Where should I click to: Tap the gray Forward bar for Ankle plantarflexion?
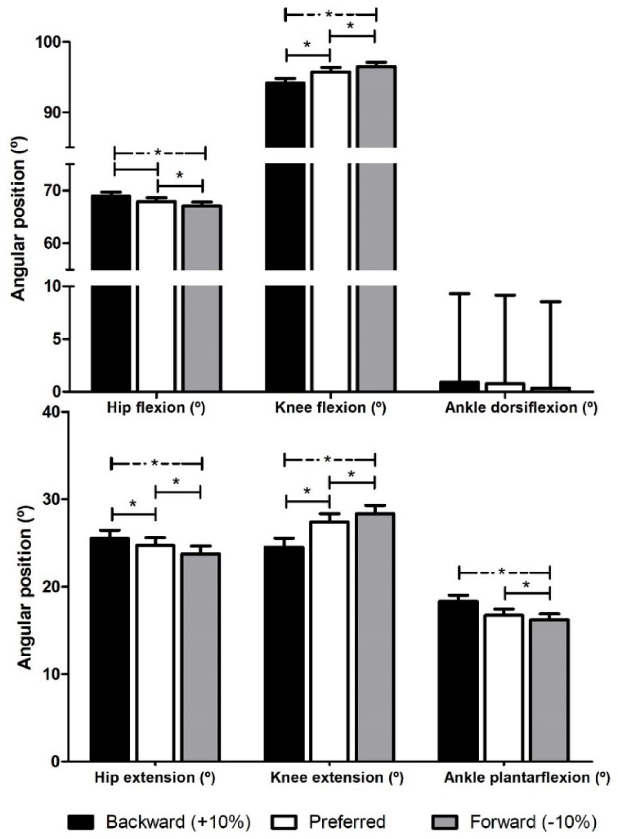pos(549,690)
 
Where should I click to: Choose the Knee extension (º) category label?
pos(337,778)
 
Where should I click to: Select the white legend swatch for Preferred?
pos(285,822)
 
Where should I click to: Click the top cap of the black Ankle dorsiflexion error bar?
pos(460,294)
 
